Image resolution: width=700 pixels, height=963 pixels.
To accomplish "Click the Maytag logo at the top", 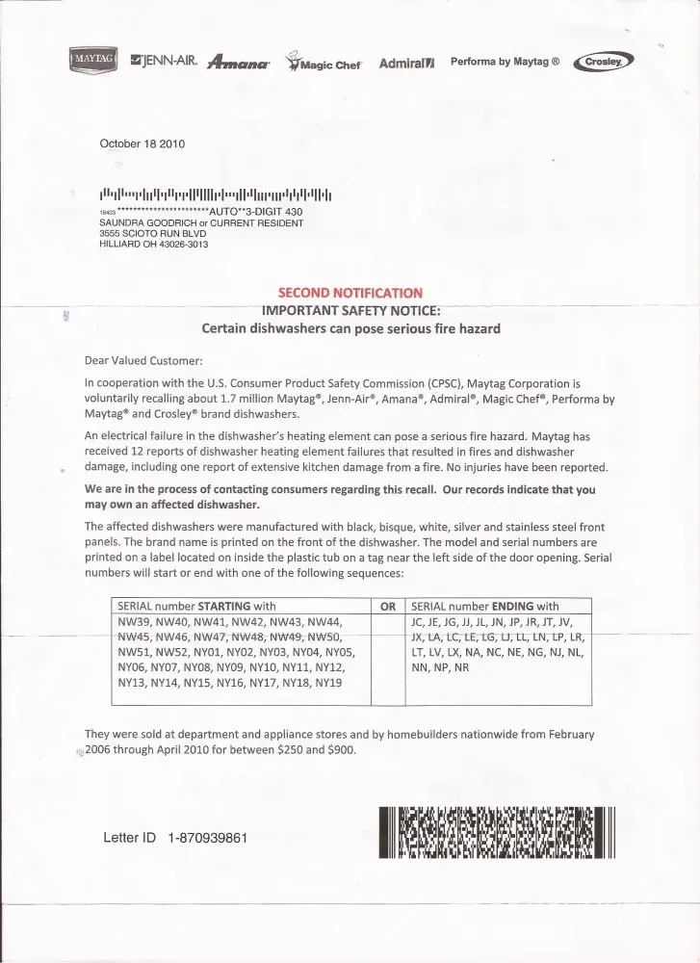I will (x=93, y=63).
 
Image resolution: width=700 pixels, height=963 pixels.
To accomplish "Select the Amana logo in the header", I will (x=238, y=65).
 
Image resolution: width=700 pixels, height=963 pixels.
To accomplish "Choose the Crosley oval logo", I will (x=602, y=64).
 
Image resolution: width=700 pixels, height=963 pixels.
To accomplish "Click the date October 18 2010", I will (x=142, y=143).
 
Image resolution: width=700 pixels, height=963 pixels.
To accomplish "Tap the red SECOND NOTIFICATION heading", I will (x=350, y=293).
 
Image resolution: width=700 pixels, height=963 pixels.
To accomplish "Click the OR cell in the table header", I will (x=388, y=607).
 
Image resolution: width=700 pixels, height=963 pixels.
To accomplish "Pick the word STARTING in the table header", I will (x=225, y=607).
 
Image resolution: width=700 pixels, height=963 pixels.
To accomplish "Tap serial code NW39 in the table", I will (x=133, y=622).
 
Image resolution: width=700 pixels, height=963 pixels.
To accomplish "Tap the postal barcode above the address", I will (x=216, y=192).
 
